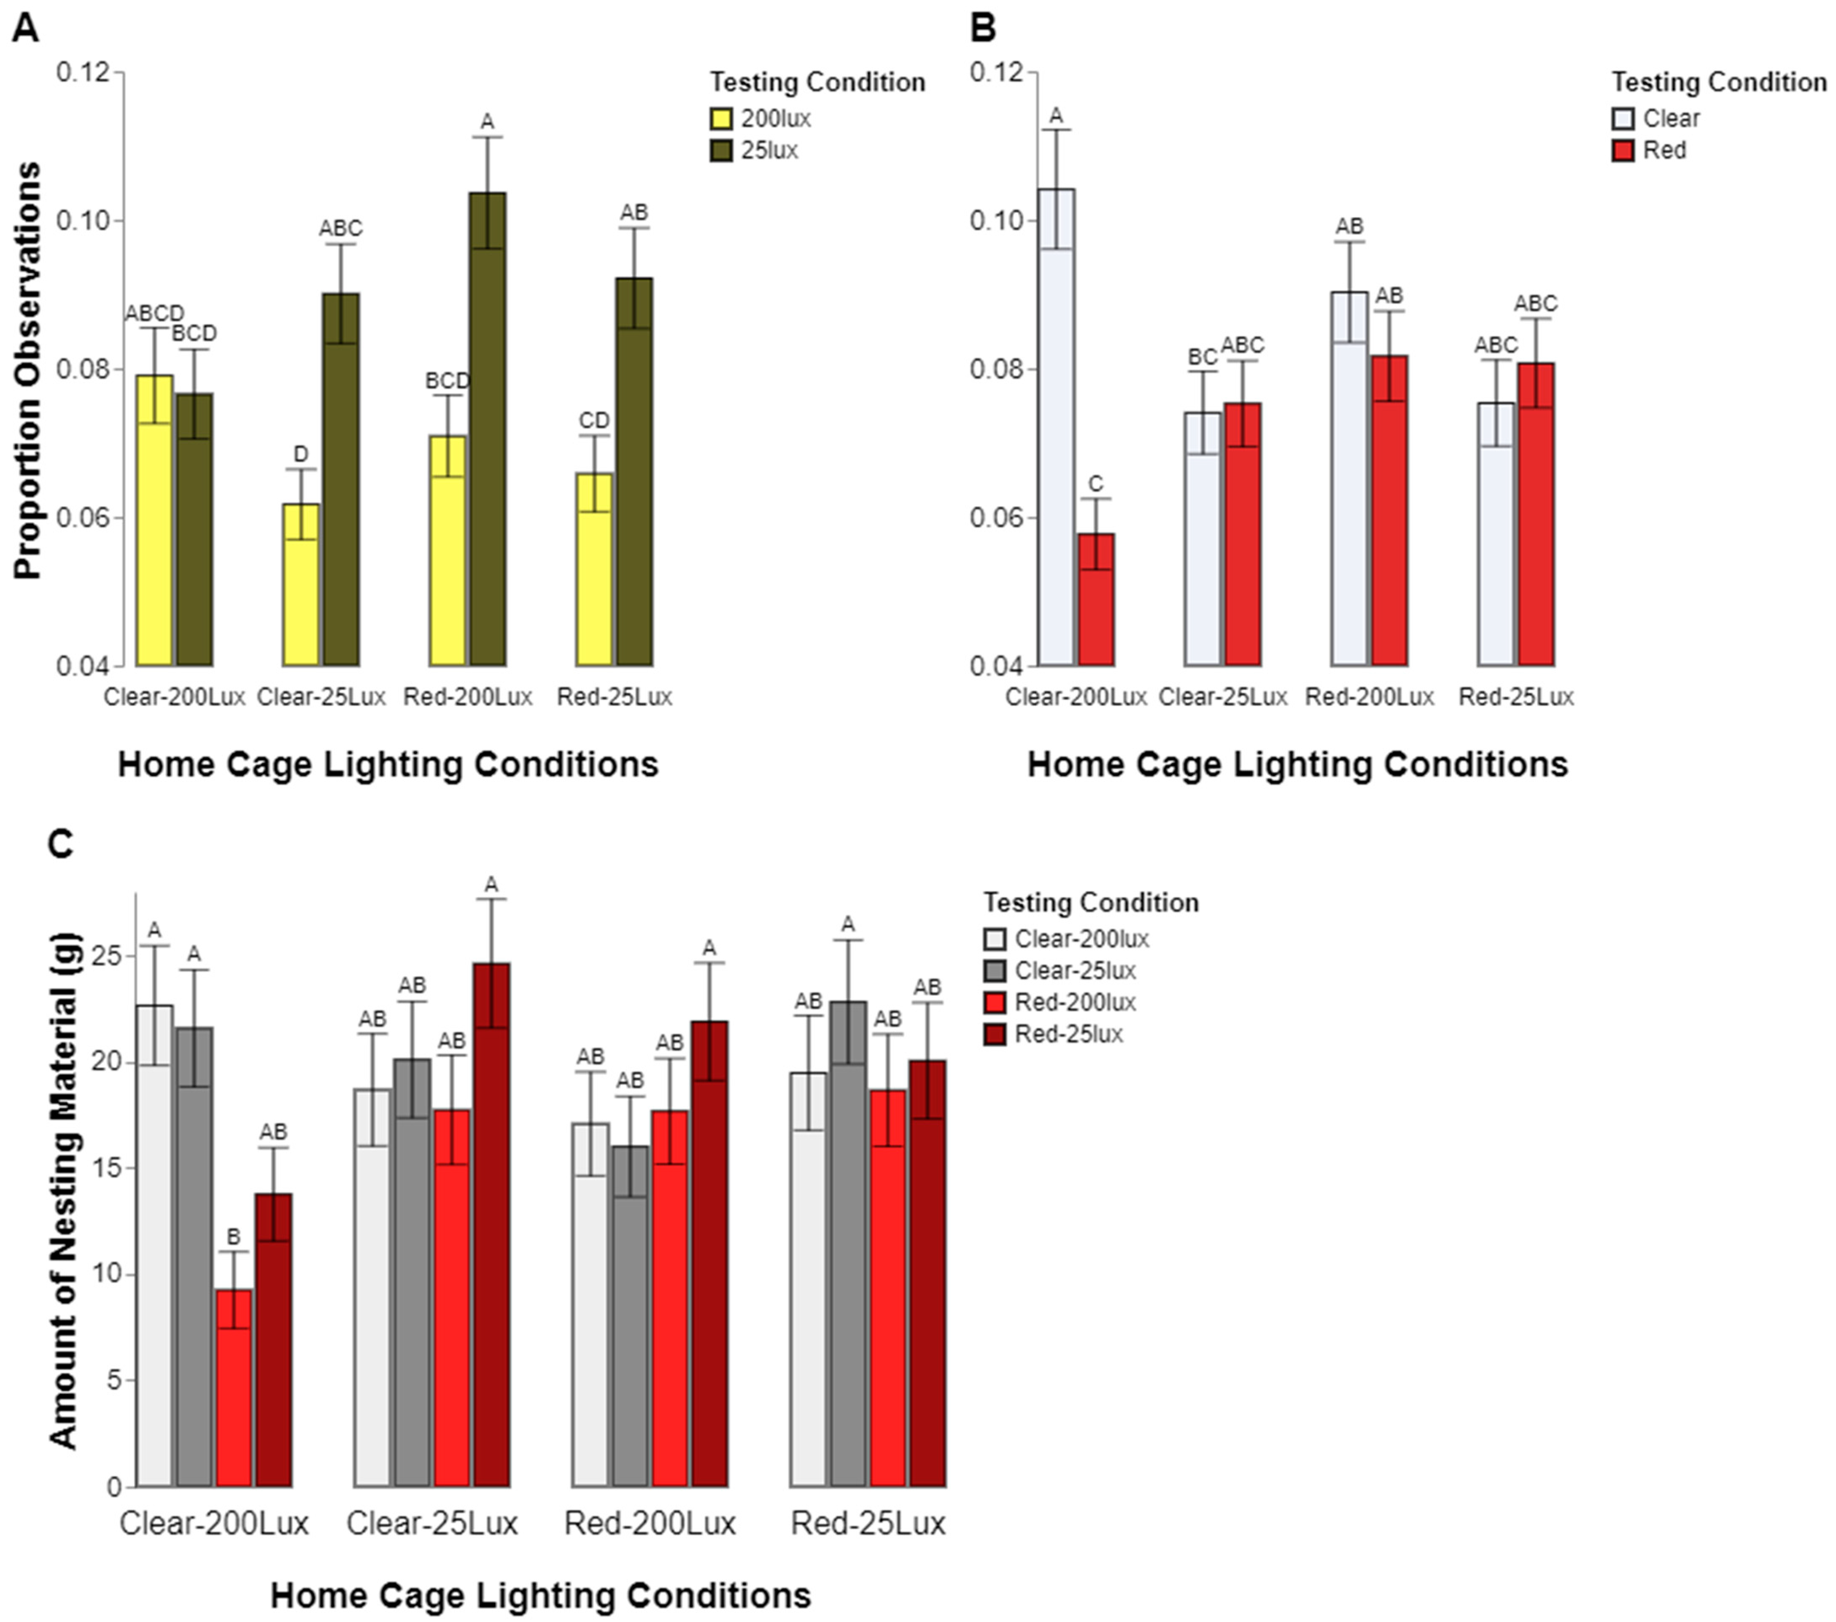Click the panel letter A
[x=25, y=29]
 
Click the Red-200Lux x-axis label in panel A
[x=467, y=697]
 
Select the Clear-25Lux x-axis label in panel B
[x=1222, y=697]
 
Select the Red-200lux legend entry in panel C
[x=1074, y=1002]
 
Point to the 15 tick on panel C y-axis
[x=108, y=1169]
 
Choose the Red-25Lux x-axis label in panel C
[x=868, y=1523]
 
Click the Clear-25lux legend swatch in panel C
[x=995, y=971]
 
